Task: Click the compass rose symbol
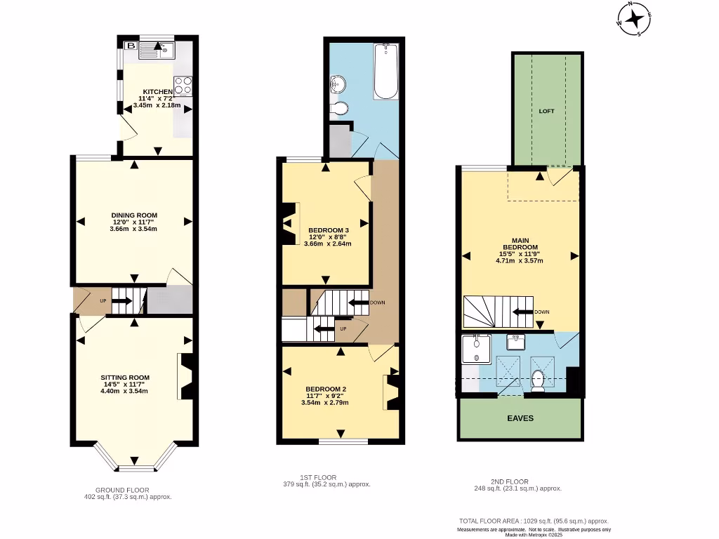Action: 634,18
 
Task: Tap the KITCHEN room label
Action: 157,92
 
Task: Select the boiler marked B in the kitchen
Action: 130,46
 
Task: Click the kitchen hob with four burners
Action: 183,85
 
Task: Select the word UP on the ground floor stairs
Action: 104,301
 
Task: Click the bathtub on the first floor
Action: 385,72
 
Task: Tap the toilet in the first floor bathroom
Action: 340,109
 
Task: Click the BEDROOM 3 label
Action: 328,230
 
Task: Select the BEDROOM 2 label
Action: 325,389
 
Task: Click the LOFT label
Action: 546,111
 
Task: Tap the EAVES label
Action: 520,418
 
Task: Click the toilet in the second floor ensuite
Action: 539,382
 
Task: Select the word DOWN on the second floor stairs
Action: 541,312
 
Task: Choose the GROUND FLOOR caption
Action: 122,490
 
